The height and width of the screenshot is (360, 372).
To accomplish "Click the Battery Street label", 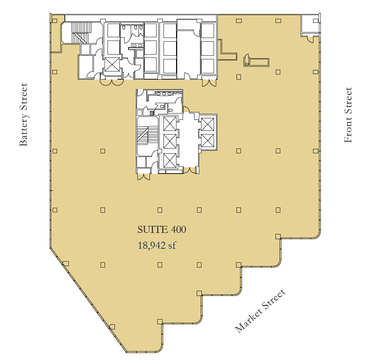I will point(23,115).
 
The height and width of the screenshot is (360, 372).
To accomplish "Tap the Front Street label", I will point(348,115).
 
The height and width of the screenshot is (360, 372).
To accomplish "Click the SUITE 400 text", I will point(162,230).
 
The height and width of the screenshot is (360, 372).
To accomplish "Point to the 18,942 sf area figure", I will point(157,245).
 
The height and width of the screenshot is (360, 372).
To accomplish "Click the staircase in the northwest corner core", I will point(81,33).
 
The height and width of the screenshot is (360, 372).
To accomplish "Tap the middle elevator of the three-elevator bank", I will point(170,141).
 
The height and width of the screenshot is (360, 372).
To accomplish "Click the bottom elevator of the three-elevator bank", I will point(170,160).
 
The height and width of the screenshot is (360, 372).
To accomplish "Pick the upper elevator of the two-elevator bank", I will point(208,124).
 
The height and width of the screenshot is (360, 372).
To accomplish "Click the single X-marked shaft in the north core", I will point(112,64).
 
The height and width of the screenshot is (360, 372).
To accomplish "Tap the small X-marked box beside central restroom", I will point(152,113).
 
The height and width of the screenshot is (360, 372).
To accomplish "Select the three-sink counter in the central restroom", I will point(164,94).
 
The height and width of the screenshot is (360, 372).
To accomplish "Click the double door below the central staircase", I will point(143,176).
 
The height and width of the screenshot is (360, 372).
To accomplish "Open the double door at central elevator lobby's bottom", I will point(190,170).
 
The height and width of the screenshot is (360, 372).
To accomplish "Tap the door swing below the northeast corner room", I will point(310,38).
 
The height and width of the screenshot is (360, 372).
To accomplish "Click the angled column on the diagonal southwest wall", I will point(66,263).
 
